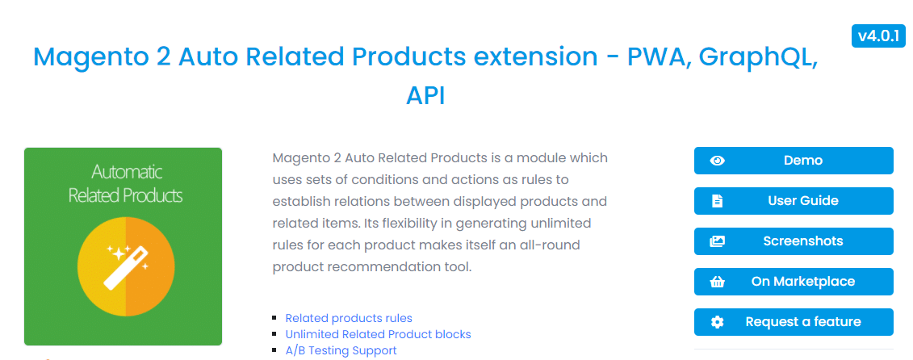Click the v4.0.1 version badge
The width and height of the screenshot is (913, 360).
(878, 36)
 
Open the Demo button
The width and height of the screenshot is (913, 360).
(794, 161)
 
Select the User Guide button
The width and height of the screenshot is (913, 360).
(794, 201)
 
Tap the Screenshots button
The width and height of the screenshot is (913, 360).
(794, 241)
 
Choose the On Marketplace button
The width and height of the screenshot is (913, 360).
(794, 282)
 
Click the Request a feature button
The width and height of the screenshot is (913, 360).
(794, 321)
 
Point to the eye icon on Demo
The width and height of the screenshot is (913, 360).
(718, 161)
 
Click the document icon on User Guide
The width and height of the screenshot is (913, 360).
(718, 201)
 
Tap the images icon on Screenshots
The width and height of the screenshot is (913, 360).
(718, 241)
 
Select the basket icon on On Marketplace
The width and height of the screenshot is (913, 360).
(718, 282)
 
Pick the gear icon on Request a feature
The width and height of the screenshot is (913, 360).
(718, 322)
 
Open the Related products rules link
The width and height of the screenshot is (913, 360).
(349, 318)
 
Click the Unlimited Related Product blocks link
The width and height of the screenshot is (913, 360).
(378, 334)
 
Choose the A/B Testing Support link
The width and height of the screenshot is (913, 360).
(341, 350)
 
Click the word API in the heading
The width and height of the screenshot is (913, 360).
(425, 95)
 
